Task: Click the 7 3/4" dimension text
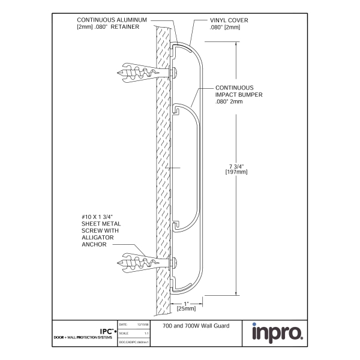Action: [233, 166]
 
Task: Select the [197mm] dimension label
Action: [233, 172]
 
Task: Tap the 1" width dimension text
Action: [187, 302]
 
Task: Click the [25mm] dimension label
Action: [187, 308]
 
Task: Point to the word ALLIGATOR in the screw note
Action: [96, 237]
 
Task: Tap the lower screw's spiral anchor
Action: [137, 262]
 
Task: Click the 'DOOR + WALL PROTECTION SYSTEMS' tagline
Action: [83, 337]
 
